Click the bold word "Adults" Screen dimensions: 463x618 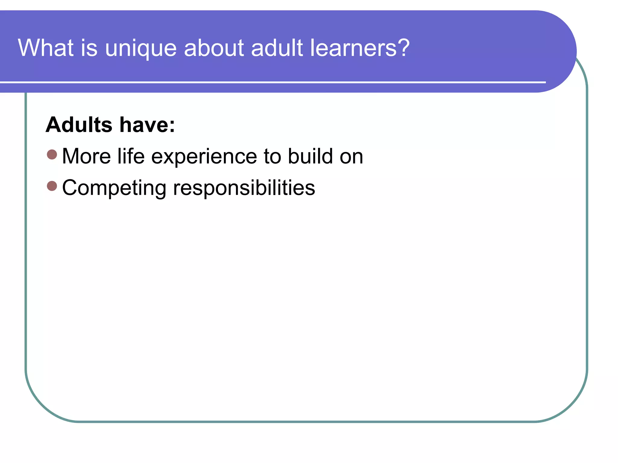coord(79,124)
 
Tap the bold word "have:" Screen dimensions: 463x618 coord(147,125)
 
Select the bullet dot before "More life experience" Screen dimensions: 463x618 coord(52,155)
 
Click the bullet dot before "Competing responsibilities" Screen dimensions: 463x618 coord(52,186)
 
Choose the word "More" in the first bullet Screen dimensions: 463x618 coord(86,156)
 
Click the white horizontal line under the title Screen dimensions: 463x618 coord(272,82)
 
